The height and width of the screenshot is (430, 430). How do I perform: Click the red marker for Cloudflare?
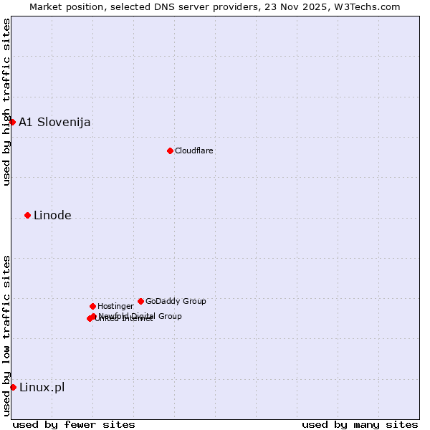(x=170, y=150)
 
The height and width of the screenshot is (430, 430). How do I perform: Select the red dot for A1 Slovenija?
(x=12, y=122)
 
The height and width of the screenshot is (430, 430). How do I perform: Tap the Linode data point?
(x=27, y=215)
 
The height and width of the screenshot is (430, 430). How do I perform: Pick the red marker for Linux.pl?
(x=13, y=387)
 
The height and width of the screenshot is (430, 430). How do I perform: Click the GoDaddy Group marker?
(x=140, y=301)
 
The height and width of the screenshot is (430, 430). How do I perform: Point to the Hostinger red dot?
(x=92, y=306)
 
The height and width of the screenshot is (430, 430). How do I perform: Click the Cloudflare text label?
(x=194, y=150)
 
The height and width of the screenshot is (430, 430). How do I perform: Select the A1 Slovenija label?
(x=54, y=122)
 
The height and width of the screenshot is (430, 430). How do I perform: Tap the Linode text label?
(x=52, y=215)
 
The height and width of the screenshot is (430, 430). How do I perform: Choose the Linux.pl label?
(x=42, y=388)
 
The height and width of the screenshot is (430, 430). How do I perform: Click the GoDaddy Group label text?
(x=176, y=301)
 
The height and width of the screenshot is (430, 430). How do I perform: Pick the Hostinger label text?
(x=116, y=306)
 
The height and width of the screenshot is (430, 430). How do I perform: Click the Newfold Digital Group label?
(x=140, y=316)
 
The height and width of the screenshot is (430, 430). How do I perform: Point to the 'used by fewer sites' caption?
(x=74, y=424)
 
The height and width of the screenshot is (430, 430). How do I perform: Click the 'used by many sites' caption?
(x=360, y=424)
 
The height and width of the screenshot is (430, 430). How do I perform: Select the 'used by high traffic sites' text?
(x=6, y=102)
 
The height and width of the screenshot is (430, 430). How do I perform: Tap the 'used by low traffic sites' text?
(x=6, y=335)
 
